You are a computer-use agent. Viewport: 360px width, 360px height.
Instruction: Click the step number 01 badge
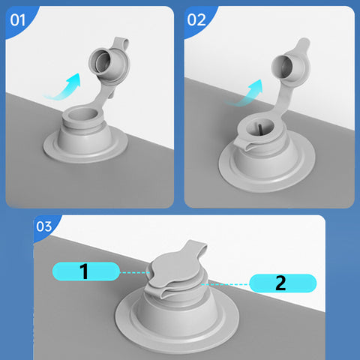[x=18, y=20]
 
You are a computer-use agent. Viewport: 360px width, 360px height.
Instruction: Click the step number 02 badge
[x=196, y=20]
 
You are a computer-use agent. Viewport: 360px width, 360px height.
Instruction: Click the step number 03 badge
[x=44, y=226]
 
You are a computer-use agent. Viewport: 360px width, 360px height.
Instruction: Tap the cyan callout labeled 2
[x=283, y=283]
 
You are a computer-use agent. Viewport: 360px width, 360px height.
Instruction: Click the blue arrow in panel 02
[x=246, y=94]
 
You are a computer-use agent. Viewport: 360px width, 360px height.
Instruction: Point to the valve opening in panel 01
[x=82, y=114]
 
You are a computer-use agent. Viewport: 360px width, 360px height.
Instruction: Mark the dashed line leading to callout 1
[x=135, y=272]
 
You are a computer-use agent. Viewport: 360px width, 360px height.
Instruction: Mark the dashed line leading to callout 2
[x=226, y=284]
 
